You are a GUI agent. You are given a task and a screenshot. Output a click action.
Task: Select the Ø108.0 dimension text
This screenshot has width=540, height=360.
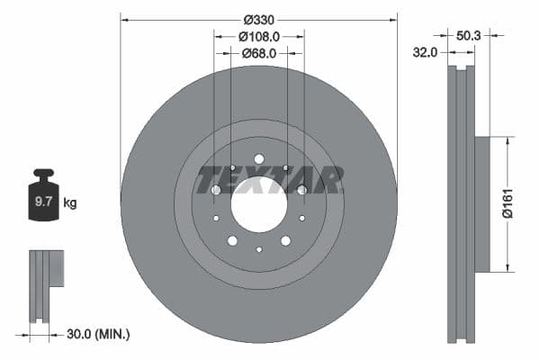pyautogui.click(x=258, y=36)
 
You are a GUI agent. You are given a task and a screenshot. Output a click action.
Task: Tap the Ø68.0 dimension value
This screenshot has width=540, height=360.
pyautogui.click(x=258, y=53)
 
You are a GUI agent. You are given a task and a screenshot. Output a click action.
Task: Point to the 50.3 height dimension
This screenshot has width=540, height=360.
pyautogui.click(x=468, y=36)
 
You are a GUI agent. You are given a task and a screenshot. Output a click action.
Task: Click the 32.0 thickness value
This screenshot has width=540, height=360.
pyautogui.click(x=424, y=53)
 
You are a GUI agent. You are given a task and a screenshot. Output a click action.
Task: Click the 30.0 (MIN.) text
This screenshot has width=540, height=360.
pyautogui.click(x=98, y=334)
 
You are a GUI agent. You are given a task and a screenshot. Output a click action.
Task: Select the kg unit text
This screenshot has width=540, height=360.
pyautogui.click(x=70, y=203)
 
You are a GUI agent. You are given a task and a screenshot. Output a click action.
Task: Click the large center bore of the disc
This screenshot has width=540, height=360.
pyautogui.click(x=258, y=203)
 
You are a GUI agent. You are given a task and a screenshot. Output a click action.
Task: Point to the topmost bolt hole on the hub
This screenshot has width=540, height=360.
pyautogui.click(x=258, y=159)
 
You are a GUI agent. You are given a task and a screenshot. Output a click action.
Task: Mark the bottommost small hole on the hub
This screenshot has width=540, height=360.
pyautogui.click(x=258, y=249)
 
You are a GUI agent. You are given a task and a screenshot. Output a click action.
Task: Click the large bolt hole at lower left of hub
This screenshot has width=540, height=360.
pyautogui.click(x=232, y=240)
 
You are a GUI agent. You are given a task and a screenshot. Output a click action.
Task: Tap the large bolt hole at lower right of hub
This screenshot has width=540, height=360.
pyautogui.click(x=285, y=240)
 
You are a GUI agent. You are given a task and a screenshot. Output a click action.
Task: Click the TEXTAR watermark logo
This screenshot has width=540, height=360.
pyautogui.click(x=270, y=180)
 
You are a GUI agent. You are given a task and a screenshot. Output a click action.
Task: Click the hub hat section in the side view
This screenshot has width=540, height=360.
pyautogui.click(x=481, y=203)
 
